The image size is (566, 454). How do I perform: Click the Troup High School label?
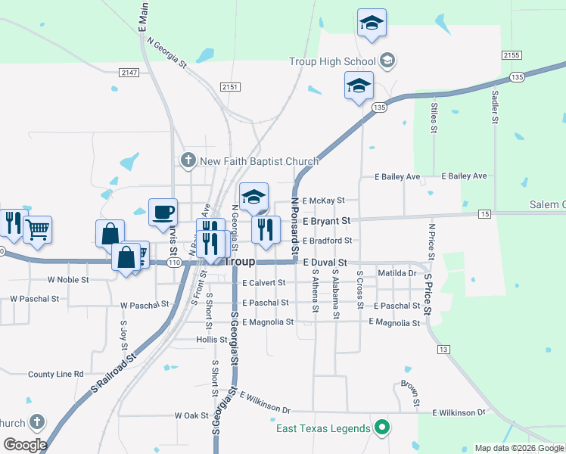pyautogui.click(x=332, y=61)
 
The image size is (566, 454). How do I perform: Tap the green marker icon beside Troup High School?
pyautogui.click(x=387, y=61)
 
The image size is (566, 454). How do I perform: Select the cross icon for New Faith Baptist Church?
pyautogui.click(x=188, y=160)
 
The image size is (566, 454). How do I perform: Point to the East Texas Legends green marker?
pyautogui.click(x=382, y=429)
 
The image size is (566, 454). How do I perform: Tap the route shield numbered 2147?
pyautogui.click(x=129, y=72)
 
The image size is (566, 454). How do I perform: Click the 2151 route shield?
pyautogui.click(x=230, y=88)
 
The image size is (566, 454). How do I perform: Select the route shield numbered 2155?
pyautogui.click(x=512, y=55)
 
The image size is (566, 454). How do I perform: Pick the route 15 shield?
pyautogui.click(x=484, y=216)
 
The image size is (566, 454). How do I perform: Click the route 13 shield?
pyautogui.click(x=443, y=349)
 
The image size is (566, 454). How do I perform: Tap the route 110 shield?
pyautogui.click(x=174, y=263)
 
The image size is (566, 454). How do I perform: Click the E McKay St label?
pyautogui.click(x=323, y=201)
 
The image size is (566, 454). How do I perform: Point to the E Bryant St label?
pyautogui.click(x=326, y=221)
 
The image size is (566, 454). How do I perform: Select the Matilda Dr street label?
pyautogui.click(x=397, y=272)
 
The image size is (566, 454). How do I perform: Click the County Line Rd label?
pyautogui.click(x=55, y=374)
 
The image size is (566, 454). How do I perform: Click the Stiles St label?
pyautogui.click(x=434, y=119)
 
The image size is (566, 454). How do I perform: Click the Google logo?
pyautogui.click(x=25, y=445)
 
